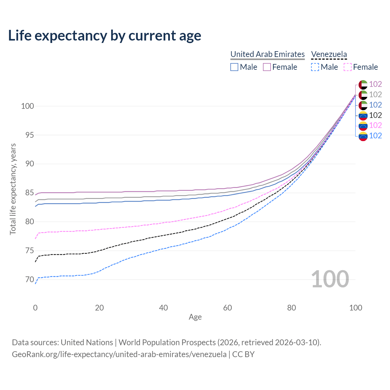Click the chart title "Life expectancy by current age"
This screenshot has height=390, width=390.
(105, 35)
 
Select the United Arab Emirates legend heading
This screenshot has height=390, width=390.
(268, 54)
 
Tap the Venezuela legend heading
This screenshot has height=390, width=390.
(329, 54)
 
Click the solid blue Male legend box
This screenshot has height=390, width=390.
(234, 67)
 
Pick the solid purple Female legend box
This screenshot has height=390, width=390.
(267, 67)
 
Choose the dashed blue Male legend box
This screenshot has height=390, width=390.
(315, 67)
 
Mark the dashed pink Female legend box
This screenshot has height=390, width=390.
(348, 67)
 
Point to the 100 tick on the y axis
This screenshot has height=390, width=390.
(27, 106)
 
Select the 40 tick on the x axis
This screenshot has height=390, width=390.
(164, 308)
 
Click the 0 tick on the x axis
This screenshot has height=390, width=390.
(35, 308)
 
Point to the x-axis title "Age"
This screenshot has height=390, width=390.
(195, 317)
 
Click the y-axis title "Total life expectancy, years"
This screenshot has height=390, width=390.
(13, 189)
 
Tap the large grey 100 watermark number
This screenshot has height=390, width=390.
(330, 279)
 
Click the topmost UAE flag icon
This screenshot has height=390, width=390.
(363, 84)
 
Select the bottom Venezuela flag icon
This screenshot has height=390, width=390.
(363, 136)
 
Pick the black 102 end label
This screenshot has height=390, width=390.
(375, 115)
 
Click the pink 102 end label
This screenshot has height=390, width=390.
(375, 126)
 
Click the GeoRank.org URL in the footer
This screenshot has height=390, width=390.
(119, 354)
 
